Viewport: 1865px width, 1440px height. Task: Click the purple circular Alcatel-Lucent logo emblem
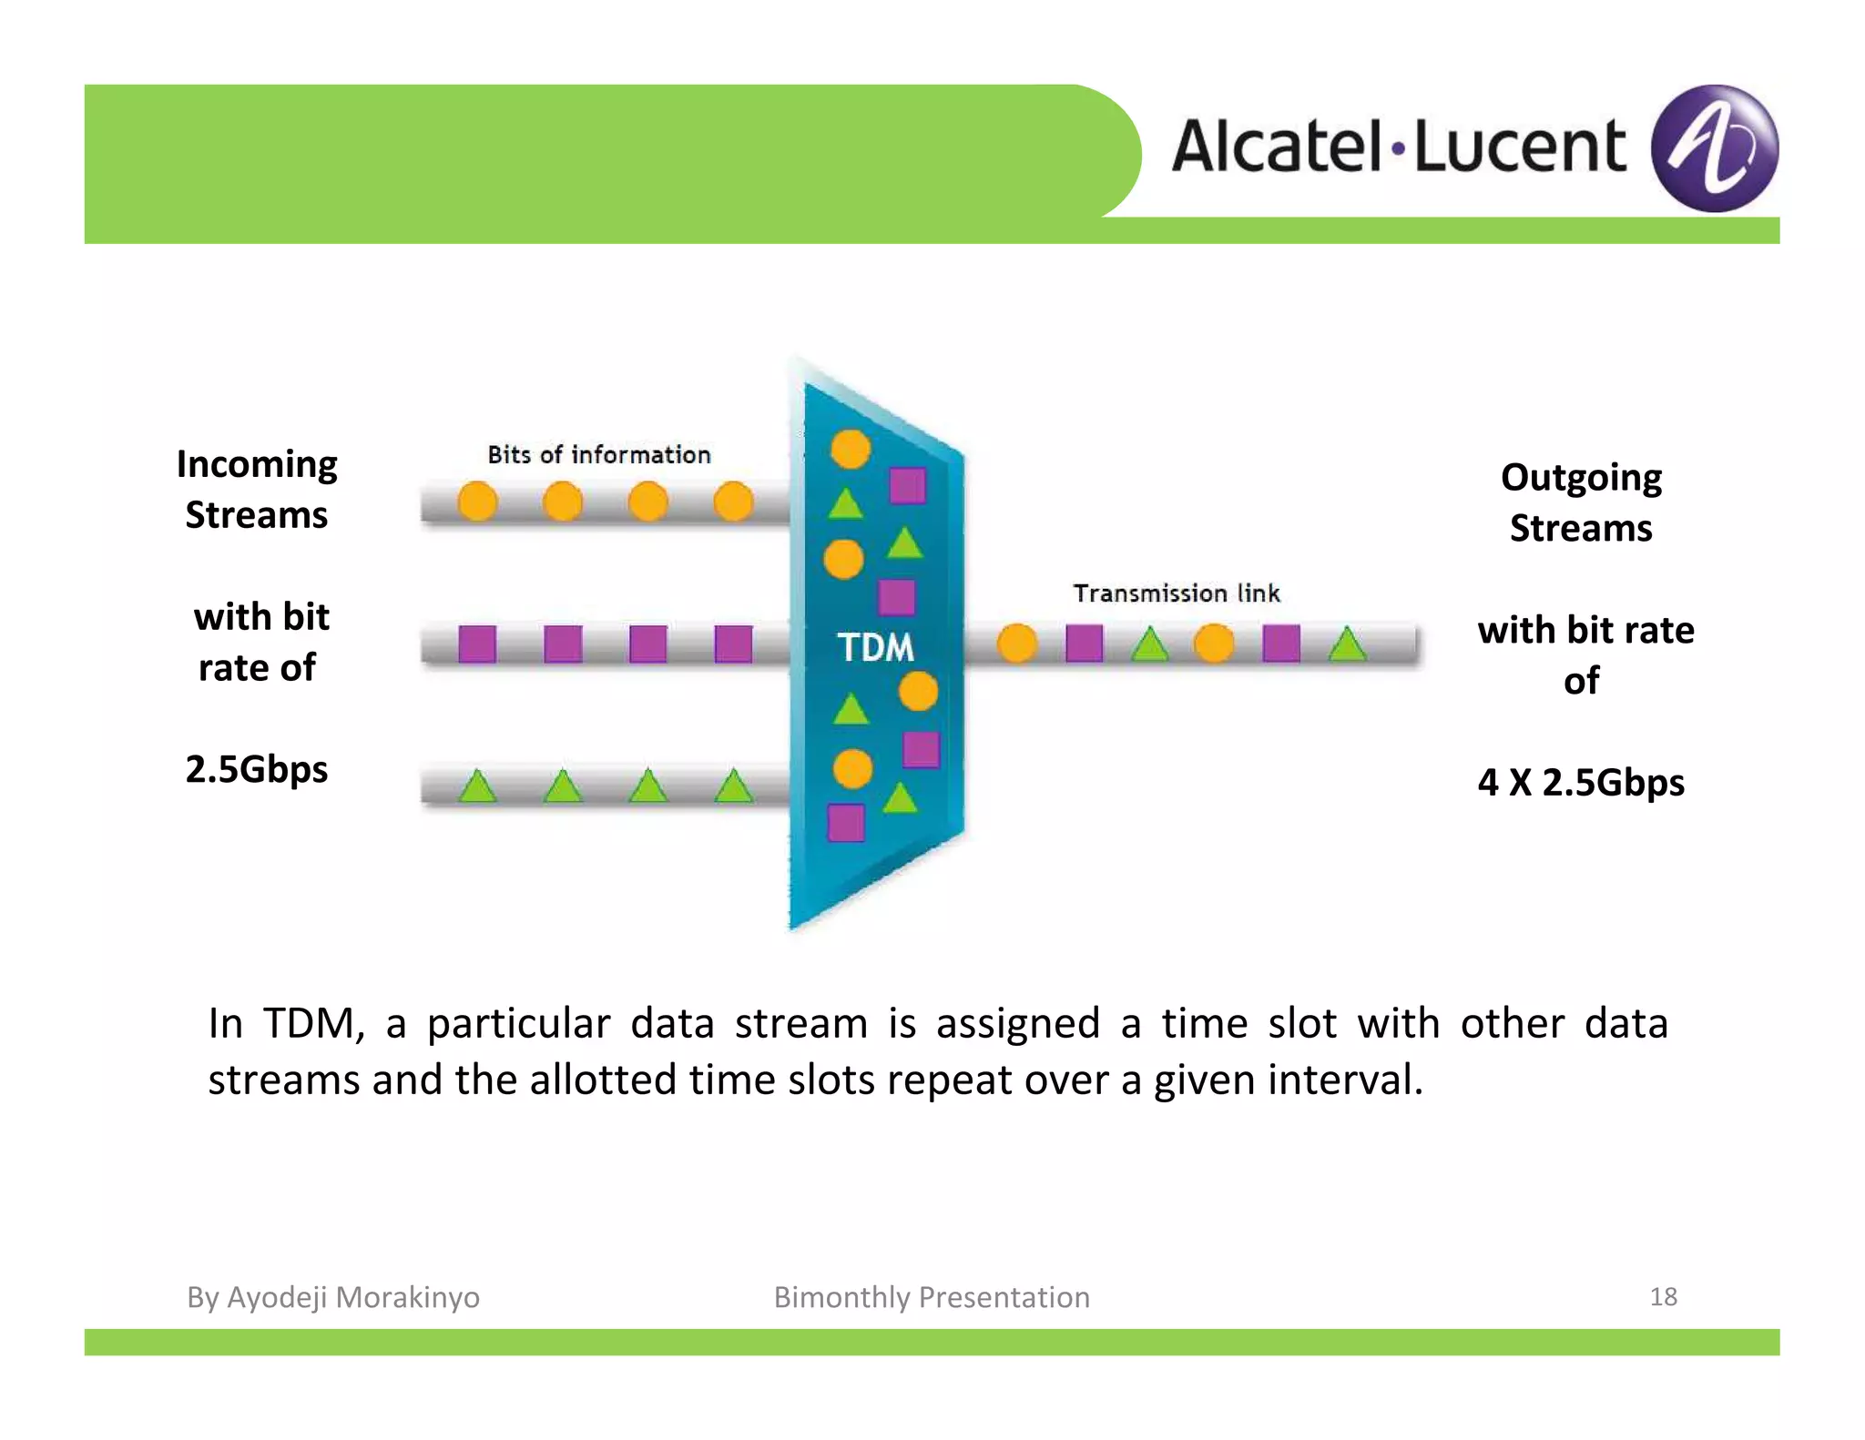point(1714,148)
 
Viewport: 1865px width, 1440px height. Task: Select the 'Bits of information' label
point(598,454)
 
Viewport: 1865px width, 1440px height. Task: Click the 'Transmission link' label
point(1176,593)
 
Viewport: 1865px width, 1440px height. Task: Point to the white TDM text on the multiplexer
point(875,647)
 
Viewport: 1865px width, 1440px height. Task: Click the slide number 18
point(1663,1296)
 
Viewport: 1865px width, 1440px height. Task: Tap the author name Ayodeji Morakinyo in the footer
point(352,1297)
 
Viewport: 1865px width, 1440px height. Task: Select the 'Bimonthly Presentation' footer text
point(931,1297)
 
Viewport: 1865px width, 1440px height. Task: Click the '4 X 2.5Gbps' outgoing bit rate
point(1581,782)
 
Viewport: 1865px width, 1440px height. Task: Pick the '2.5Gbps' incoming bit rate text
point(257,769)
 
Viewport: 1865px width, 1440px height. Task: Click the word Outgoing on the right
point(1581,477)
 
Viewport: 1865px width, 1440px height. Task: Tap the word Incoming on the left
point(257,464)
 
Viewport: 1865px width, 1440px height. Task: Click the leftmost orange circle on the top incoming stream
point(477,502)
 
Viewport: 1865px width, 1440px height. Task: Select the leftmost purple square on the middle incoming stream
point(477,644)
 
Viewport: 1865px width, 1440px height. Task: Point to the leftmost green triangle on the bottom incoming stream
point(477,786)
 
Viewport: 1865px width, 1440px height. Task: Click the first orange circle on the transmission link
point(1017,644)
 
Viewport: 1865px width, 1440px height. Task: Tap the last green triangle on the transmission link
point(1347,644)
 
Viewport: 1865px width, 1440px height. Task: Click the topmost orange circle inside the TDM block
point(851,449)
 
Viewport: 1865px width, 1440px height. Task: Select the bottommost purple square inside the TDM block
point(846,823)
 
